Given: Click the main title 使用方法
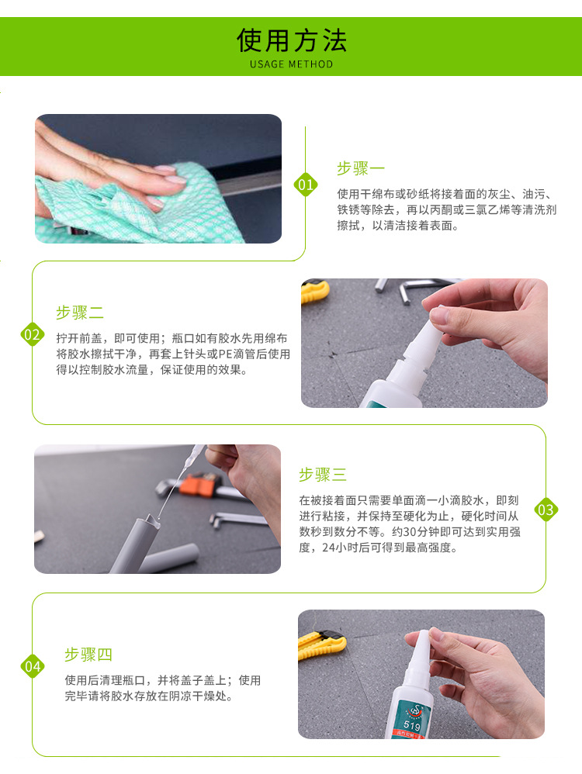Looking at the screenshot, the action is tap(292, 40).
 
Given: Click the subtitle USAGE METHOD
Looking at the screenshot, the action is tap(292, 64).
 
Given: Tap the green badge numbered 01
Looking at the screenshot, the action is tap(305, 185).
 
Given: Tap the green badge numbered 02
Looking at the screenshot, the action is tap(32, 334).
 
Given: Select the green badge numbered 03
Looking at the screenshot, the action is tap(546, 510).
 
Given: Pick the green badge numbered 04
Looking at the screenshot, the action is tap(32, 666).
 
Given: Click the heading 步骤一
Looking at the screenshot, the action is tap(361, 168).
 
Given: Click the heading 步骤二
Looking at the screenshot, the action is tap(80, 313).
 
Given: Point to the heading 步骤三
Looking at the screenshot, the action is tap(323, 475).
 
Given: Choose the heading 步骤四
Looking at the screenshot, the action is tap(88, 655).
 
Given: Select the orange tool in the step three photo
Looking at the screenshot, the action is tap(200, 484).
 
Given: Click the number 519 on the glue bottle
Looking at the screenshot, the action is tap(411, 724).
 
